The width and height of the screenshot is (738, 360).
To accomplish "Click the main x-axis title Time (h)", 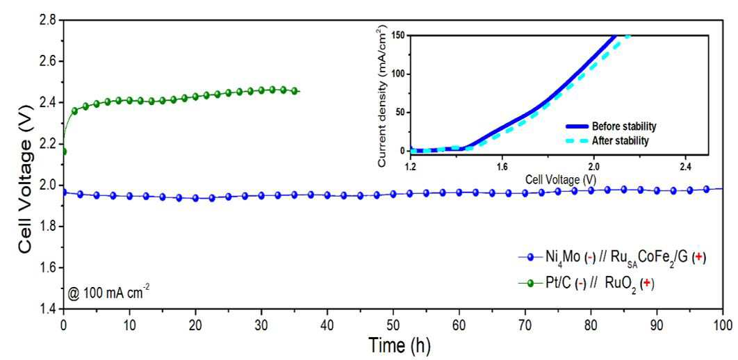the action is point(399,345).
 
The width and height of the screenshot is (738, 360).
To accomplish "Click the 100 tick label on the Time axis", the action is point(722,325).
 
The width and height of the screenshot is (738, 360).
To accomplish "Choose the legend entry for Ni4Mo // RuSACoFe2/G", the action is point(612,258).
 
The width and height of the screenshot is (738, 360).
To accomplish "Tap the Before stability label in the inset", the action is point(624,126).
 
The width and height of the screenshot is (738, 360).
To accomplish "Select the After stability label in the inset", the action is point(621,140).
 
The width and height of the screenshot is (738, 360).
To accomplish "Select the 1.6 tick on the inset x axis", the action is point(502,166).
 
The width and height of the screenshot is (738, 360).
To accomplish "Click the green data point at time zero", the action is point(64,152).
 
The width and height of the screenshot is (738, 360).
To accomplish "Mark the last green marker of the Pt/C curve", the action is point(295,91).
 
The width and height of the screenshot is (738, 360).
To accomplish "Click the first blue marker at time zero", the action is point(64,192).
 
